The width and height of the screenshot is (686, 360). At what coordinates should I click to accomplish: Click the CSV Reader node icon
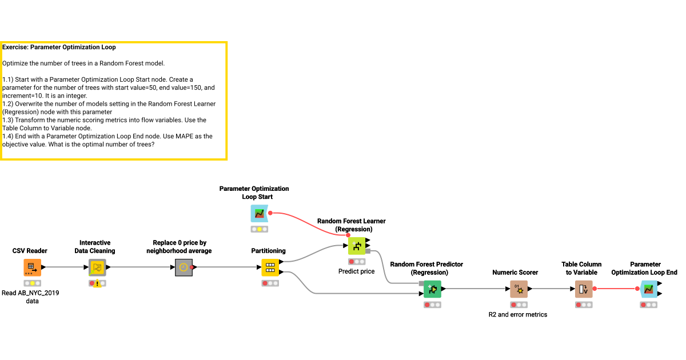(x=32, y=267)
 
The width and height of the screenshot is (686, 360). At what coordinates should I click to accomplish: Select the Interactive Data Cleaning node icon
(x=97, y=267)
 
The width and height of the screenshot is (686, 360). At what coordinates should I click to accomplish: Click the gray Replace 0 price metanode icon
(x=182, y=267)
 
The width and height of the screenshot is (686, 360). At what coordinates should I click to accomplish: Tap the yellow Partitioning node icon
(x=270, y=267)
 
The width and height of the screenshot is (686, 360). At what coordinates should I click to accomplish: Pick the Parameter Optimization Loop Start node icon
(x=259, y=214)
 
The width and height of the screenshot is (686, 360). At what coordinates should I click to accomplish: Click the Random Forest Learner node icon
(x=357, y=246)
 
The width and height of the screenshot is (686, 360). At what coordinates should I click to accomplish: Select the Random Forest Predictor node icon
(x=432, y=289)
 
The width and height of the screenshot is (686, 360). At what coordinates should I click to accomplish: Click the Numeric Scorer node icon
(x=519, y=289)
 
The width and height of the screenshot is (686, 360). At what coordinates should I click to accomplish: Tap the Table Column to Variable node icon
(x=583, y=289)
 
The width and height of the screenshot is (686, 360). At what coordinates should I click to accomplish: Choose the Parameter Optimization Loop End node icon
(x=648, y=289)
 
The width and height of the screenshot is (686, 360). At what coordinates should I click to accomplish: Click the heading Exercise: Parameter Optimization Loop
(x=59, y=47)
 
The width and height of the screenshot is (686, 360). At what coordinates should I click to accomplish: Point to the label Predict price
(x=356, y=271)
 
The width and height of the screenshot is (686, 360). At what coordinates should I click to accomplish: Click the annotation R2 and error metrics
(x=517, y=314)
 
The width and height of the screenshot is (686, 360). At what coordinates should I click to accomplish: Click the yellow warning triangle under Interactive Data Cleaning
(x=98, y=284)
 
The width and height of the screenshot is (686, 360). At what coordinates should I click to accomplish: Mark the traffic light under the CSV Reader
(x=33, y=283)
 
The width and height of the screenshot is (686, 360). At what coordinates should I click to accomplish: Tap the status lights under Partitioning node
(x=270, y=283)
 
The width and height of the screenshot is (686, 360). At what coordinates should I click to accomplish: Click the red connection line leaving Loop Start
(x=309, y=221)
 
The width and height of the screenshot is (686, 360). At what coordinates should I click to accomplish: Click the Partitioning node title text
(x=268, y=251)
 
